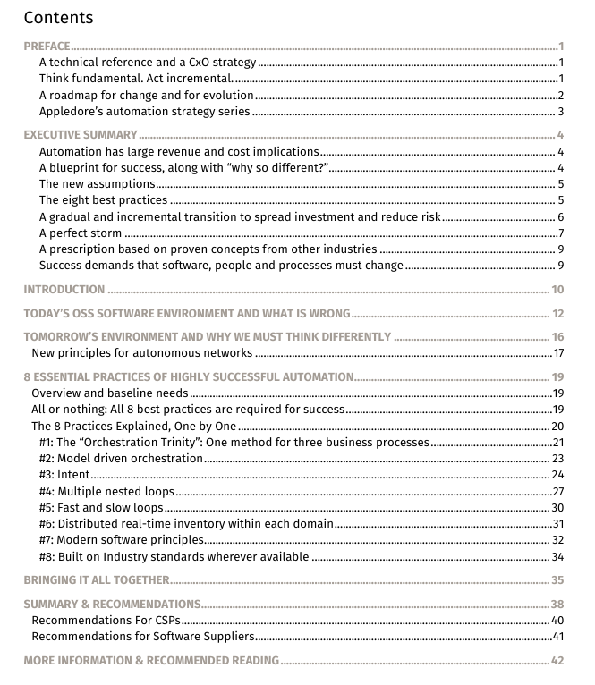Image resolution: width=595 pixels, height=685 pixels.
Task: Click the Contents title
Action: click(x=58, y=17)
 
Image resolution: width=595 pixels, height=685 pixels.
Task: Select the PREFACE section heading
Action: click(x=47, y=47)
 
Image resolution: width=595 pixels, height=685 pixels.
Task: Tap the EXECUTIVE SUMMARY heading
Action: click(x=81, y=135)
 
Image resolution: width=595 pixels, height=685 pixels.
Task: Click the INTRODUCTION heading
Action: click(x=64, y=290)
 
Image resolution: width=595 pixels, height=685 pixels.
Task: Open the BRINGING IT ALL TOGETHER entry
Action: click(x=97, y=580)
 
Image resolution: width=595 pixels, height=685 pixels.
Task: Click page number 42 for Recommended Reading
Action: click(x=557, y=661)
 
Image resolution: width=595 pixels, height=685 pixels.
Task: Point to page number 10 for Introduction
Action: click(x=557, y=290)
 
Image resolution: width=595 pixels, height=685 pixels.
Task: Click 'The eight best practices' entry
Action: click(x=104, y=200)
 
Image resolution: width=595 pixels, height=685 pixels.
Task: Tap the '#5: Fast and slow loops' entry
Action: click(x=100, y=508)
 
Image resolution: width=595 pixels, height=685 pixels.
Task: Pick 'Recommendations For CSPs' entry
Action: click(x=106, y=621)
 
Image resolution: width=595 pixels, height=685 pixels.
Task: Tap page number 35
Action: click(x=557, y=580)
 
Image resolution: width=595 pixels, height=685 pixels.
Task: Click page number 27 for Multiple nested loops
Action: click(x=557, y=492)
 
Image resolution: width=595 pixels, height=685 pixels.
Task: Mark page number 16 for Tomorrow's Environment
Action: click(x=557, y=337)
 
